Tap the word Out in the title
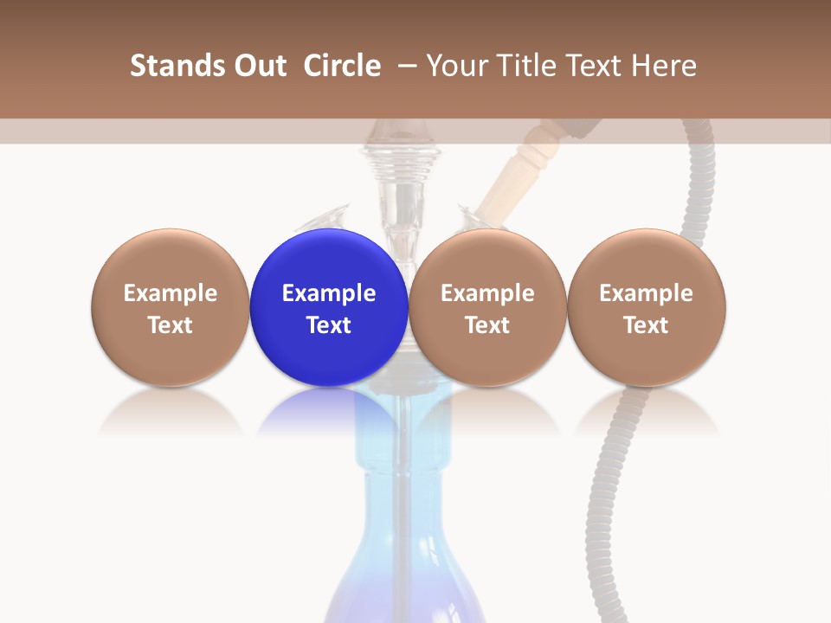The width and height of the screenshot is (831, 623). [x=258, y=66]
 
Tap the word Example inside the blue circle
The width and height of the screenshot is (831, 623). [x=329, y=293]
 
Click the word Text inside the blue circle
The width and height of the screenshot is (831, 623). [x=329, y=325]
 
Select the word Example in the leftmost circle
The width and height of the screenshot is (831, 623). [x=171, y=293]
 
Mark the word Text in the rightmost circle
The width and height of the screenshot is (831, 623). [x=647, y=325]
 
